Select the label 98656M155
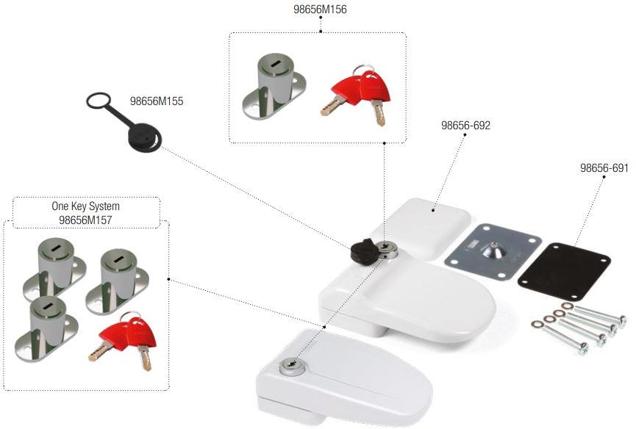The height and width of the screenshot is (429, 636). coord(157,101)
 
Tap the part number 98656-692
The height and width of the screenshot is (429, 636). coord(465,125)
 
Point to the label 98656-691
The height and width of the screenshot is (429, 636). coord(604,168)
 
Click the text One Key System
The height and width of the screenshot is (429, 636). coord(85,206)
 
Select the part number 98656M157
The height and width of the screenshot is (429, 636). coord(85,219)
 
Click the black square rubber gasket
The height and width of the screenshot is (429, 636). coord(564,268)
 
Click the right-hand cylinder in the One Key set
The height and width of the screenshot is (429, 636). coord(119,275)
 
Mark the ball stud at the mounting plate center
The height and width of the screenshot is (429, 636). coord(493,250)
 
